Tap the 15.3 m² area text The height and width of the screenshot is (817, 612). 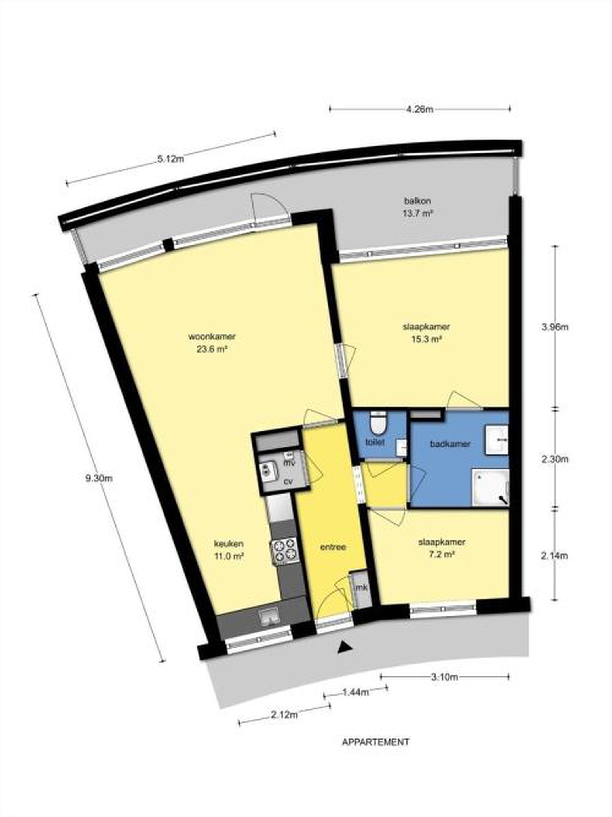pyautogui.click(x=427, y=339)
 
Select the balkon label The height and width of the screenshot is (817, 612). pyautogui.click(x=418, y=201)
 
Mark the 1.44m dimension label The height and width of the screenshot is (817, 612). pyautogui.click(x=356, y=692)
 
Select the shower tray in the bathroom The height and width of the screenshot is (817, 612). pyautogui.click(x=491, y=488)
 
